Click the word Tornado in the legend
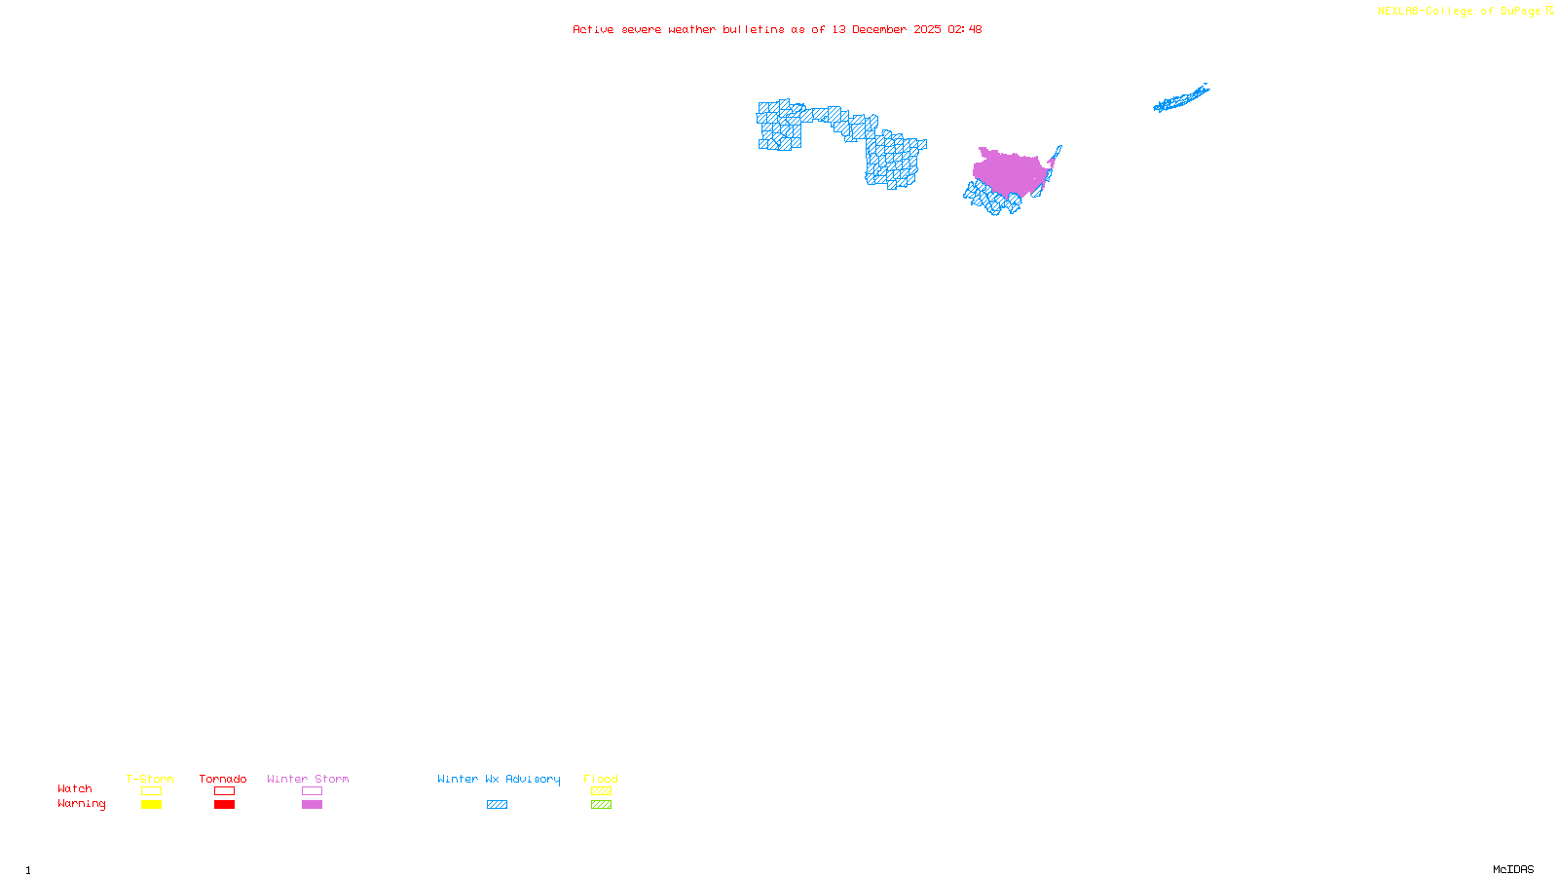pos(223,779)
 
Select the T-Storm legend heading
pos(150,779)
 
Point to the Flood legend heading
pos(601,779)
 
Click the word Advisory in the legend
pos(533,779)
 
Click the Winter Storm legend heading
pos(308,779)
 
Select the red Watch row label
pos(75,788)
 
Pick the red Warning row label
pos(82,804)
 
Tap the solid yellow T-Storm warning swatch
pos(151,805)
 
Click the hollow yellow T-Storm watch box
pos(151,791)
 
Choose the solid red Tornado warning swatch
pos(225,805)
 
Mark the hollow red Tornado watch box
pos(225,791)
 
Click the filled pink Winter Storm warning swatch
pos(312,805)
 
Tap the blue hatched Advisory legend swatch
pos(497,805)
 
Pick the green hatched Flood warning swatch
pos(601,805)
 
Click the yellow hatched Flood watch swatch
pos(601,791)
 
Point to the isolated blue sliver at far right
pos(1180,98)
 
